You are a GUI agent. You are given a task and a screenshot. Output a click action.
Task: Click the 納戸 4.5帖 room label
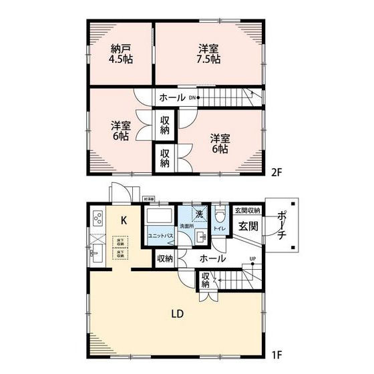pos(120,53)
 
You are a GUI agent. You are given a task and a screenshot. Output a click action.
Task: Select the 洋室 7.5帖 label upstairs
pos(209,53)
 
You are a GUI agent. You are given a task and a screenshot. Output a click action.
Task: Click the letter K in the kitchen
pos(124,220)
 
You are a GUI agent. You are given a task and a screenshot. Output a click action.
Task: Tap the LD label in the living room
pos(177,313)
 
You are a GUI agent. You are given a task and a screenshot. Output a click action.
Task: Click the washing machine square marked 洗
pos(198,214)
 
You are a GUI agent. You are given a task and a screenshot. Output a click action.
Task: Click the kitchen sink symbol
pos(96,252)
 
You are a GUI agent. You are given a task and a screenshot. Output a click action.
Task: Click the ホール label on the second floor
pos(172,98)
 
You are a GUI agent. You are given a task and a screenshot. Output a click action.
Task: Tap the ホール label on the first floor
pos(212,258)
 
